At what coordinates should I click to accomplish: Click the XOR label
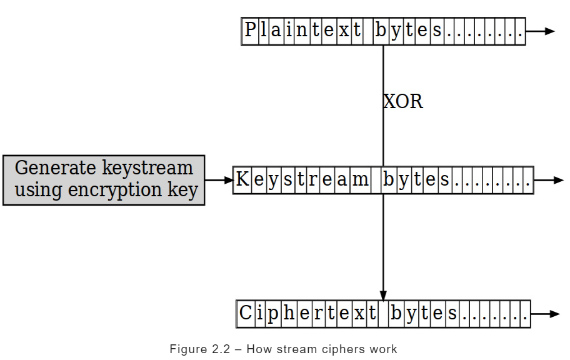click(x=403, y=101)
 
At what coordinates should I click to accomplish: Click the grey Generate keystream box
click(x=104, y=180)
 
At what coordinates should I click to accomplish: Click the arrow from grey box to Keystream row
click(x=219, y=180)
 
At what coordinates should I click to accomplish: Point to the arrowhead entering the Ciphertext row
click(x=383, y=295)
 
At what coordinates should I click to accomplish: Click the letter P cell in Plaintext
click(x=250, y=31)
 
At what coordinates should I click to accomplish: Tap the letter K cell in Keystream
click(x=242, y=180)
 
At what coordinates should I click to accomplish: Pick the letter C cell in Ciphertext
click(x=246, y=313)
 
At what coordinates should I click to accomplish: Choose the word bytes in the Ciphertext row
click(x=424, y=313)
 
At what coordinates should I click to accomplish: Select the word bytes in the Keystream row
click(x=416, y=180)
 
